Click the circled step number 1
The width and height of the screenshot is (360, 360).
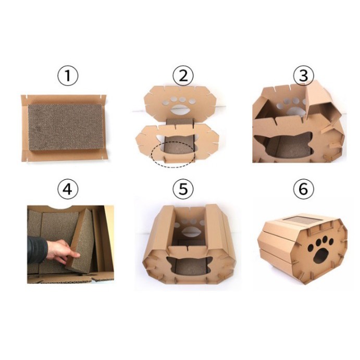(68, 76)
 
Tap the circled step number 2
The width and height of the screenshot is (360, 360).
(183, 76)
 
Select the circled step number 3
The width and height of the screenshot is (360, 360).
(303, 76)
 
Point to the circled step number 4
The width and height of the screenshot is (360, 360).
(68, 189)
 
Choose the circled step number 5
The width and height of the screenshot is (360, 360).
(183, 189)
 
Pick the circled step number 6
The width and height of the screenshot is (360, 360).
(303, 189)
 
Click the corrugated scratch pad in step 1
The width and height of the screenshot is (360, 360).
(65, 127)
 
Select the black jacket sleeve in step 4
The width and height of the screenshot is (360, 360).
(37, 250)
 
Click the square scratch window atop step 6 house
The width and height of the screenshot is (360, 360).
(302, 220)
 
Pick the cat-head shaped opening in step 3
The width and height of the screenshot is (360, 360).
(284, 145)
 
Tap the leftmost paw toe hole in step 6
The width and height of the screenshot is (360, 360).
(311, 248)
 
